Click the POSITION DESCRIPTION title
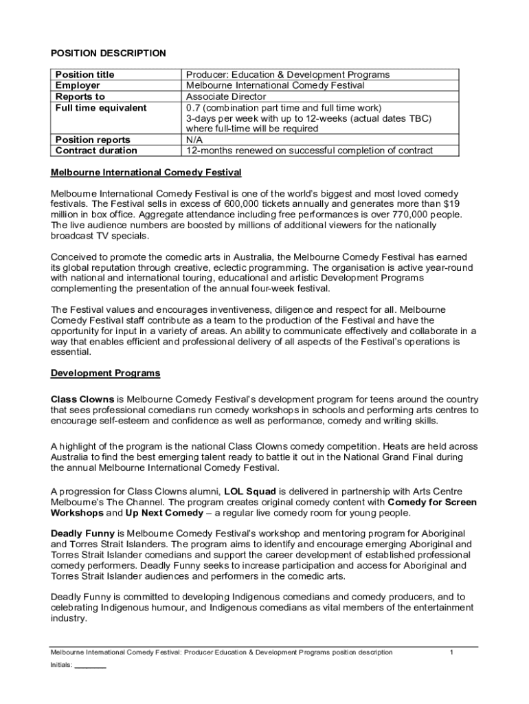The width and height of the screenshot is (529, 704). pos(109,53)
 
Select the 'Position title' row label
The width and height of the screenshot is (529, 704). pos(85,74)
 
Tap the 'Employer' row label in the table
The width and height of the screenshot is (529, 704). pos(78,85)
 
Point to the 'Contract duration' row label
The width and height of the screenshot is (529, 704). pos(96,151)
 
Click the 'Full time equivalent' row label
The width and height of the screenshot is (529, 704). pos(101,108)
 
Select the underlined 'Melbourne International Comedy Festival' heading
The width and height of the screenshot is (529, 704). pos(146,172)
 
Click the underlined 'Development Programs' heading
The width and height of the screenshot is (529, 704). pos(106,373)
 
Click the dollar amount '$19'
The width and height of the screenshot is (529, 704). pos(451,204)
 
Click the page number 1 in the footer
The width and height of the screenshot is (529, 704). pos(451,652)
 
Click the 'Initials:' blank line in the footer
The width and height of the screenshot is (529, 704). pos(90,665)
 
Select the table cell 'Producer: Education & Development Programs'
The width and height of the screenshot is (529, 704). pos(288,74)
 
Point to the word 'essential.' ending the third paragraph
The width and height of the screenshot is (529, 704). pos(71,351)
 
